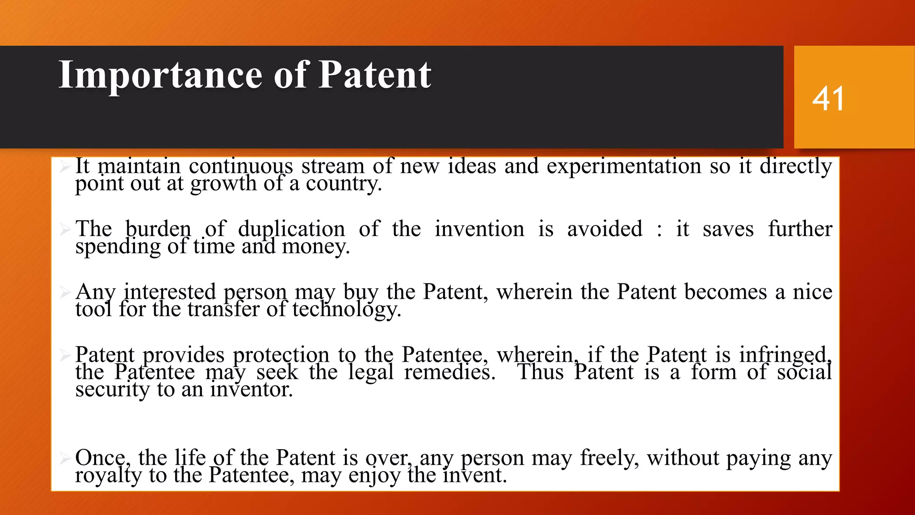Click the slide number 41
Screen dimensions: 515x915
[828, 99]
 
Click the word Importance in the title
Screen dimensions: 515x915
[160, 75]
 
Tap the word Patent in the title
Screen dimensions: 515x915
[374, 75]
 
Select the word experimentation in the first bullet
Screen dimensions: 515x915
[624, 167]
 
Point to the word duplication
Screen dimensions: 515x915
[291, 229]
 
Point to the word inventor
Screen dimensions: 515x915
[252, 390]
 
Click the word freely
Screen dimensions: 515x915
[609, 458]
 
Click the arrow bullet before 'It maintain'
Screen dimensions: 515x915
[65, 167]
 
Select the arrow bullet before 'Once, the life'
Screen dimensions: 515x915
[65, 459]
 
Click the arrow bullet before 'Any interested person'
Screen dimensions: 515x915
[65, 293]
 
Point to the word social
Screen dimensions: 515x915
[804, 372]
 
